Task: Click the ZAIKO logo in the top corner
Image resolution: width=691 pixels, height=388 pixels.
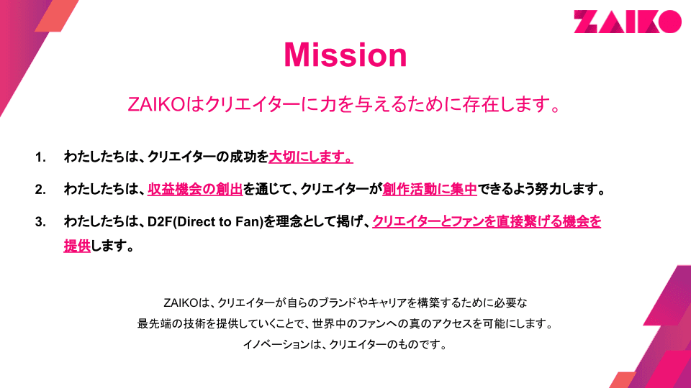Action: pos(628,22)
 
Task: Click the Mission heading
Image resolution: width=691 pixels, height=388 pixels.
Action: pos(345,55)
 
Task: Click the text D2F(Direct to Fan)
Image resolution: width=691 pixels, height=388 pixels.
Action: pos(203,222)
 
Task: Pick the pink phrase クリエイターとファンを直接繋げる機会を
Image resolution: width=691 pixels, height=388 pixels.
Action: pos(487,222)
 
